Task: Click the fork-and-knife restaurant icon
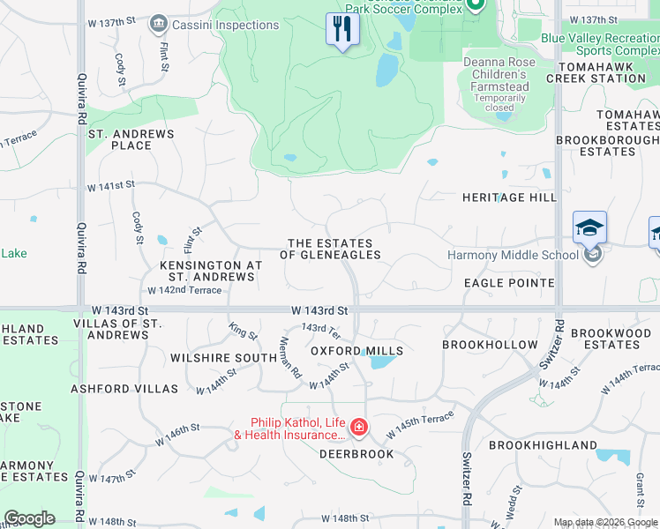point(340,30)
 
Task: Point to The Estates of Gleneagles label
point(331,249)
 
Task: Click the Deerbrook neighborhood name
point(356,454)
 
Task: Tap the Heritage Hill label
point(509,197)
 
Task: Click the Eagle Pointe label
point(509,283)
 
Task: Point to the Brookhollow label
point(490,345)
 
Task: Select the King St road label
point(243,332)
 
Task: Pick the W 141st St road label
point(110,186)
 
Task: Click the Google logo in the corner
point(29,518)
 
